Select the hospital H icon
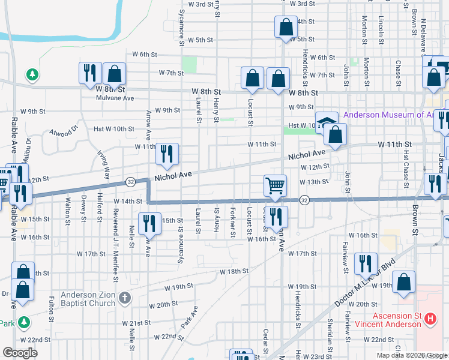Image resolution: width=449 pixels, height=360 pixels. pyautogui.click(x=430, y=319)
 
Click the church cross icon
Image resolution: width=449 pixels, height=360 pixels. pyautogui.click(x=124, y=298)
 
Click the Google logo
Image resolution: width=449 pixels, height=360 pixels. pyautogui.click(x=19, y=353)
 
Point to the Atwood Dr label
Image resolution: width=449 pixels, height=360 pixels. pyautogui.click(x=64, y=131)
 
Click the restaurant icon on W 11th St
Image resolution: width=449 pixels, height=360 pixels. pyautogui.click(x=167, y=153)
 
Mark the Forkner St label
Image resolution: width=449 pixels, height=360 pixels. pyautogui.click(x=232, y=223)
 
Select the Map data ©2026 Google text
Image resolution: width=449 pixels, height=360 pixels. pyautogui.click(x=412, y=355)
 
